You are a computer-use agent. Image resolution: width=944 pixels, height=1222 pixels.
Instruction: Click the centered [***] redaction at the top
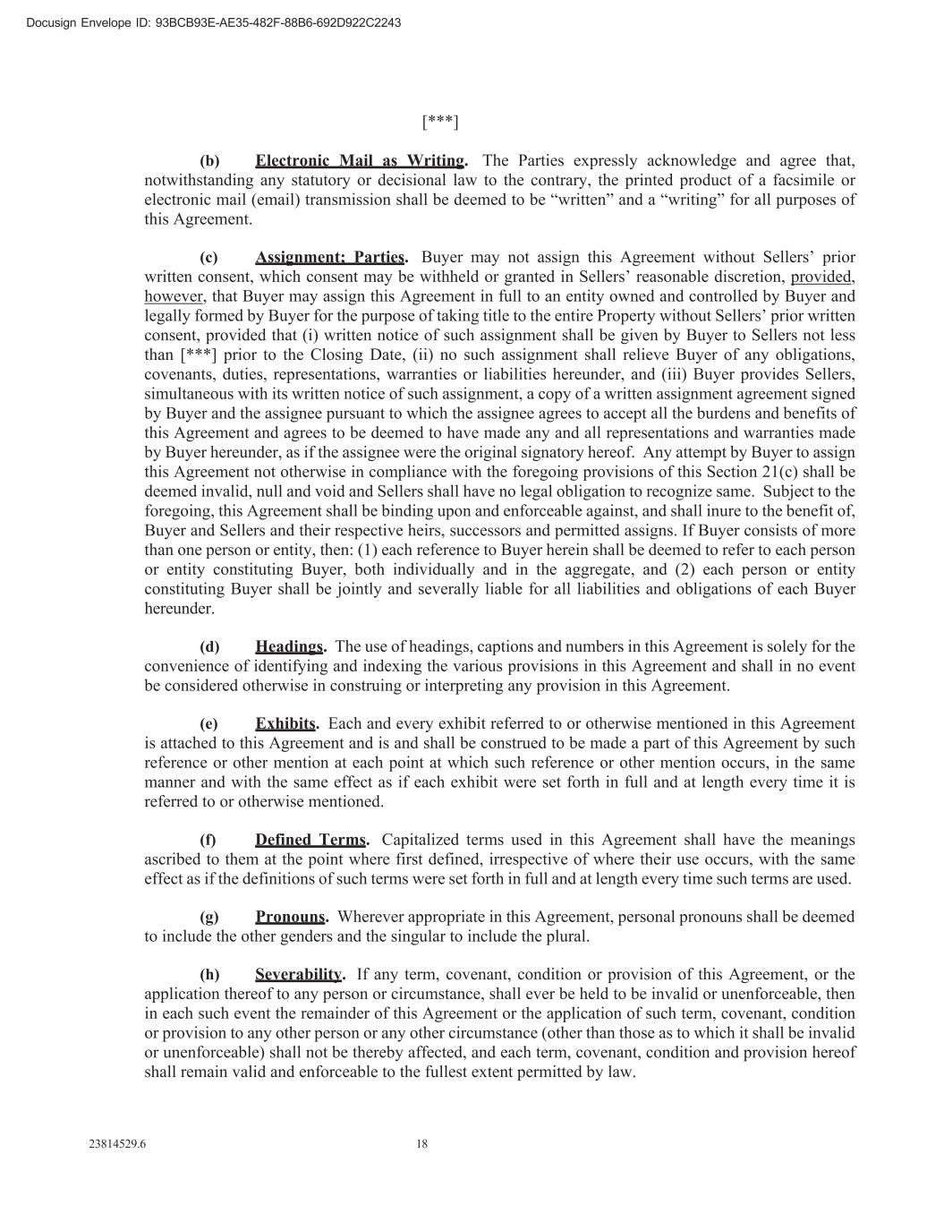pyautogui.click(x=440, y=121)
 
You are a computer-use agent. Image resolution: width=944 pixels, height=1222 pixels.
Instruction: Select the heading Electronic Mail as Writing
pyautogui.click(x=360, y=161)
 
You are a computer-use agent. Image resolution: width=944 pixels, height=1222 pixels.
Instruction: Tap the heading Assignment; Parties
pyautogui.click(x=329, y=258)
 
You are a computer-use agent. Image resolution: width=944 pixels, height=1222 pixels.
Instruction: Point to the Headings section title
pyautogui.click(x=289, y=646)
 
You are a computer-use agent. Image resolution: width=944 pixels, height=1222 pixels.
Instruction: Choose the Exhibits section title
pyautogui.click(x=285, y=723)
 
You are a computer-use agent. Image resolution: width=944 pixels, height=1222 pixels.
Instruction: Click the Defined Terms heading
pyautogui.click(x=310, y=840)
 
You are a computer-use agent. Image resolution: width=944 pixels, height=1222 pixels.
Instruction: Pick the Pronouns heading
pyautogui.click(x=290, y=917)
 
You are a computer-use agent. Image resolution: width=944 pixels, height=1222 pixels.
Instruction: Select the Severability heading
pyautogui.click(x=298, y=974)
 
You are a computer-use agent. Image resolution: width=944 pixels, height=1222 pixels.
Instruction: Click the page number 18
pyautogui.click(x=421, y=1143)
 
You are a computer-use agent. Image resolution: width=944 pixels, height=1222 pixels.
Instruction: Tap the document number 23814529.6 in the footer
pyautogui.click(x=117, y=1143)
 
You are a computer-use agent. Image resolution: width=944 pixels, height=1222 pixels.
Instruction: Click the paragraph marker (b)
pyautogui.click(x=209, y=161)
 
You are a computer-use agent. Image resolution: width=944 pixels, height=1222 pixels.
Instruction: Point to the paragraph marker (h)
pyautogui.click(x=209, y=975)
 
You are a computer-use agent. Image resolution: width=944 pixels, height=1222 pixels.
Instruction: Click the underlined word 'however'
pyautogui.click(x=174, y=296)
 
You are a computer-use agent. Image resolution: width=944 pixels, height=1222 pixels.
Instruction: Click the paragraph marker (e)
pyautogui.click(x=209, y=724)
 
